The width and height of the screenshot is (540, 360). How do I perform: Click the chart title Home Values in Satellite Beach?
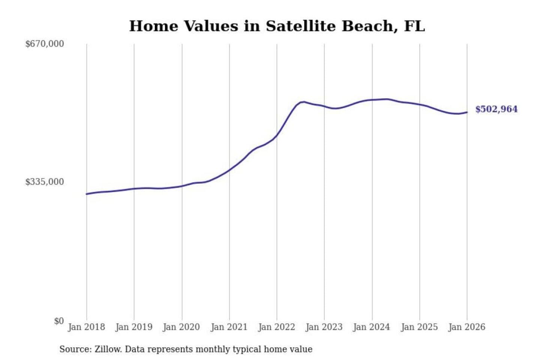coord(277,26)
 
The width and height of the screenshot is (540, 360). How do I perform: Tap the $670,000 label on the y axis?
coord(45,44)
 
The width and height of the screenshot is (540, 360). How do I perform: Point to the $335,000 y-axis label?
coord(45,182)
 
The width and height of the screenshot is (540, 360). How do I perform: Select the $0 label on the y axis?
coord(59,321)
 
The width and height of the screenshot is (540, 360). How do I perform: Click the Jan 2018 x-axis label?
coord(86,327)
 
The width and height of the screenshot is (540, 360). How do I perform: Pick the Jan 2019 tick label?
coord(134,327)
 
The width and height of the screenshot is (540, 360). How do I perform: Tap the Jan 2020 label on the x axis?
coord(181,327)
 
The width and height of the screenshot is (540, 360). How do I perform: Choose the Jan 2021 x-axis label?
coord(229,327)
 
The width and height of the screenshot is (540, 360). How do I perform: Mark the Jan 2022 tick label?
coord(277,327)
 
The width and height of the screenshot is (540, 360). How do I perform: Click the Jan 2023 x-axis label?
coord(324,327)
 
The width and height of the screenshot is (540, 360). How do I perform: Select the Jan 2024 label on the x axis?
coord(372,327)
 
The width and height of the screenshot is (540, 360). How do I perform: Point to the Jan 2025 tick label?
coord(419,327)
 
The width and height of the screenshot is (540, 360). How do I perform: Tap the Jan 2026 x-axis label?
coord(467,327)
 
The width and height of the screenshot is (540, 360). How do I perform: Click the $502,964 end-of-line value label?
coord(496,109)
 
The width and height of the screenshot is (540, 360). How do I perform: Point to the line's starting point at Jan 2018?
coord(87,194)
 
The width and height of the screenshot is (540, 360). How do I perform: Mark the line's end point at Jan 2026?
coord(467,112)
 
